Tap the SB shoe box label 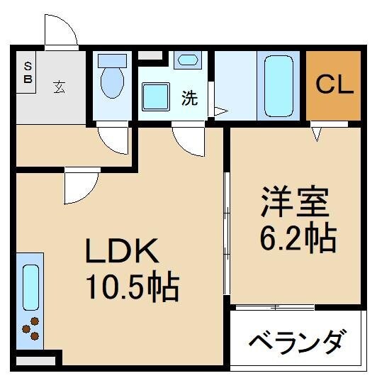pos(28,73)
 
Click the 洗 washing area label pos(189,99)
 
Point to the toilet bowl pos(112,84)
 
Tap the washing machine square pos(154,96)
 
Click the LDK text pos(118,252)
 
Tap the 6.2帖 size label pos(296,240)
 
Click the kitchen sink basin pos(30,287)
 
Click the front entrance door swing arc pos(60,30)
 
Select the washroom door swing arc pos(189,139)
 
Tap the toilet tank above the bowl pos(111,60)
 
